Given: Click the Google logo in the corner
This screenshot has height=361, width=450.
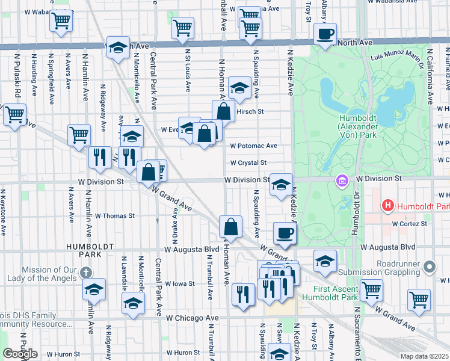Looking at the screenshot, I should tap(20, 354).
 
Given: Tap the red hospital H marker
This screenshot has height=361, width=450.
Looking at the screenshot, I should tap(388, 206).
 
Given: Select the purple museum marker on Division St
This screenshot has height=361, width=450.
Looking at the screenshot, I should tap(342, 179).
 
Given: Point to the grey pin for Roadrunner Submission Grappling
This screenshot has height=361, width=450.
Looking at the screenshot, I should tap(429, 266).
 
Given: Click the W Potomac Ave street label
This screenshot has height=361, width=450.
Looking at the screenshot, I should tap(253, 146).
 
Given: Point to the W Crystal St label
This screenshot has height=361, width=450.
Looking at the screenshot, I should tap(248, 162).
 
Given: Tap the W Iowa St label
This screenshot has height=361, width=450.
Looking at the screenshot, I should tap(180, 283).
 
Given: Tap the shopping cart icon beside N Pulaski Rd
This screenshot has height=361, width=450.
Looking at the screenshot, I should tap(14, 114).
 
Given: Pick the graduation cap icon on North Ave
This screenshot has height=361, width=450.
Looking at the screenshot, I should tap(119, 48).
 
